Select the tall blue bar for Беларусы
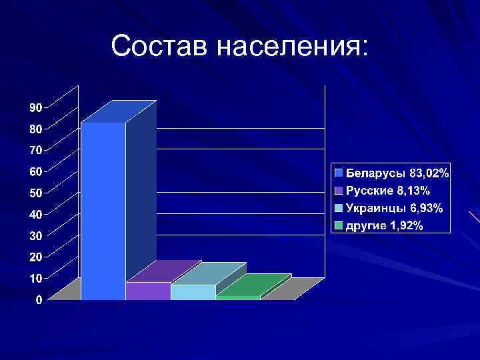coord(103,210)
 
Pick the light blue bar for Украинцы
coord(193,292)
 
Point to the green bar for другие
coord(238,297)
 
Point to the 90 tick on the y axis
coord(35,107)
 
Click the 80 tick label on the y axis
coord(35,129)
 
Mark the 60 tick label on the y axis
coord(35,171)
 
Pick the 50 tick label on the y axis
coord(35,193)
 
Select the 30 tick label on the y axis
coord(35,235)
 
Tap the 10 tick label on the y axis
coord(35,278)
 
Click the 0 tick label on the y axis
coord(39,300)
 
